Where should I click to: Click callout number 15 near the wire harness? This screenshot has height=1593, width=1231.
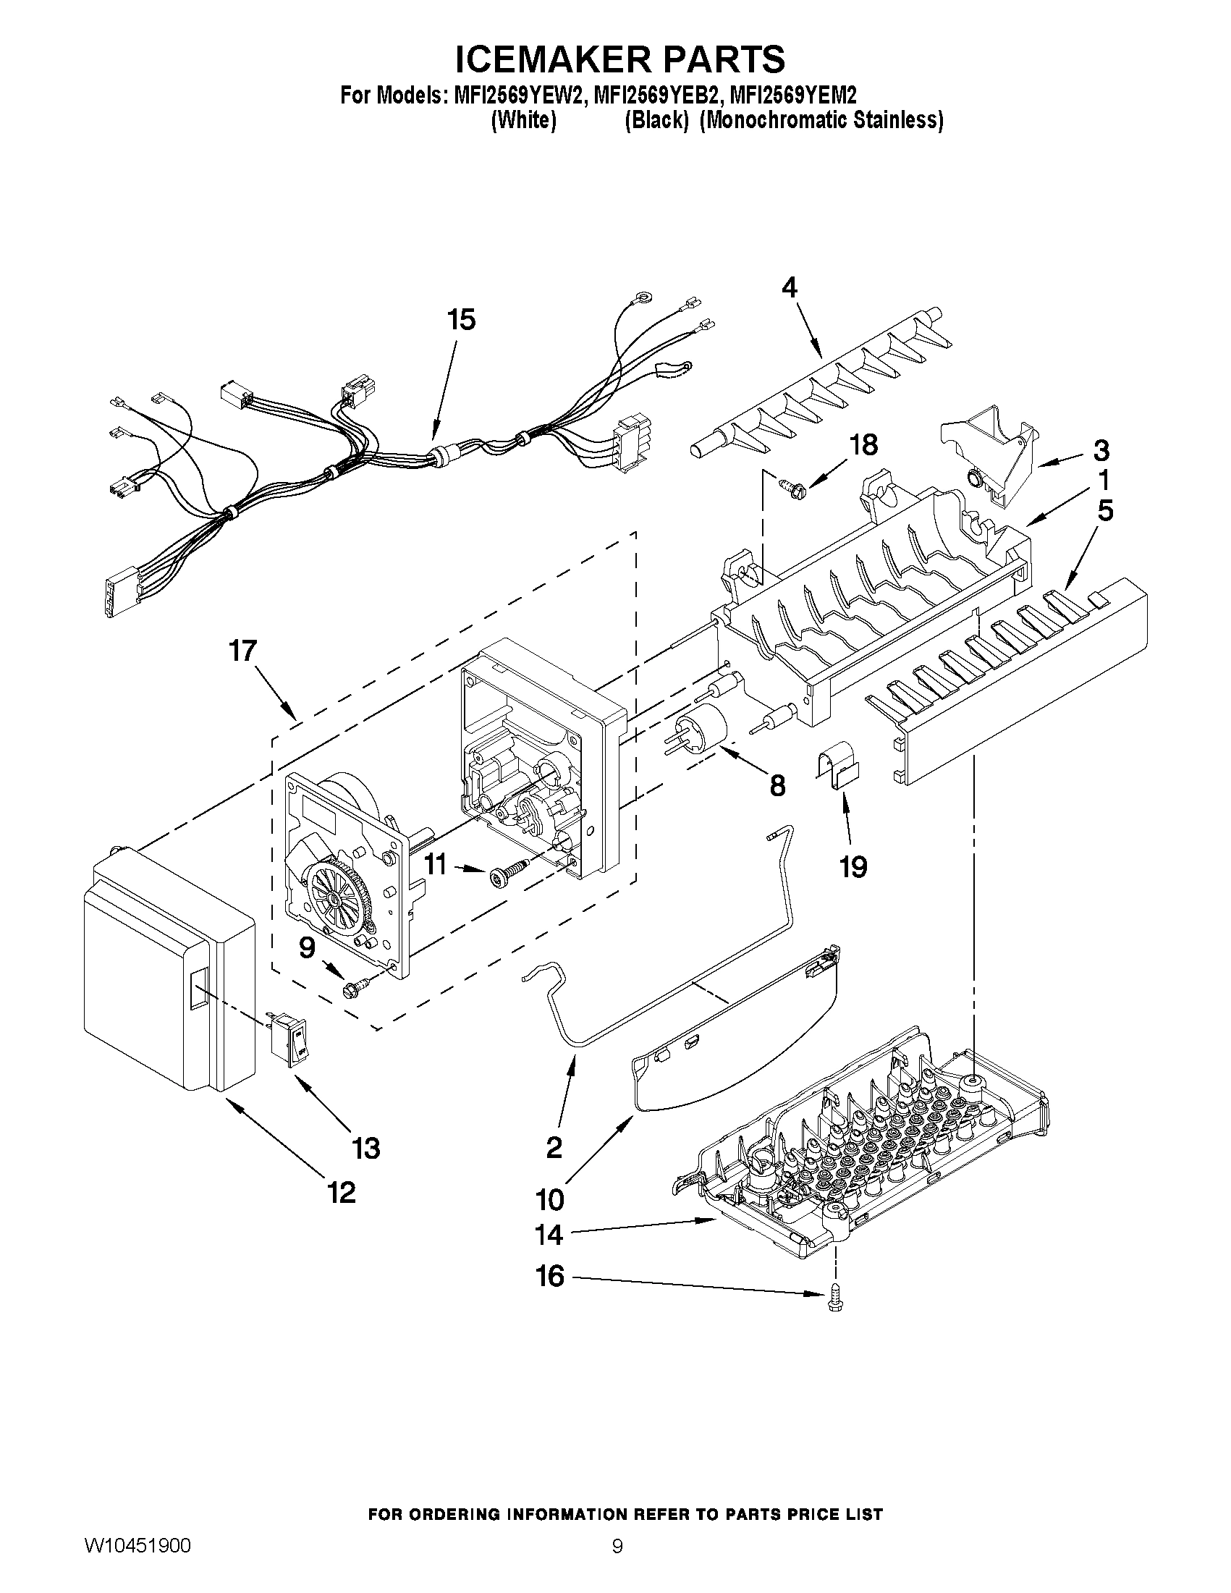tap(462, 319)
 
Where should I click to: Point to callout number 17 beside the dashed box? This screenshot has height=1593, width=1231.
tap(244, 650)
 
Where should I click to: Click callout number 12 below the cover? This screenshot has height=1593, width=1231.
tap(342, 1193)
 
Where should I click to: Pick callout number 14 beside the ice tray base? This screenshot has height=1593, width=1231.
tap(549, 1235)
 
